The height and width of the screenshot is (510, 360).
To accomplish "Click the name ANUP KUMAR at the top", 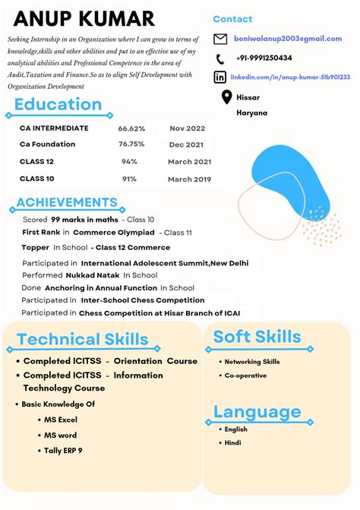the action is point(84,18).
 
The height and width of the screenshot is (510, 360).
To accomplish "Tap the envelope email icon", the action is point(220,39).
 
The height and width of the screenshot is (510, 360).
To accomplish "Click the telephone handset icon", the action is point(220,59).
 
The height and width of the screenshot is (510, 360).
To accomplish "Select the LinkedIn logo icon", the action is point(220,77).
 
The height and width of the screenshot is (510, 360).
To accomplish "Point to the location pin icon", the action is point(226,97).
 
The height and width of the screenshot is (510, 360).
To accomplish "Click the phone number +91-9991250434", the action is point(264,58).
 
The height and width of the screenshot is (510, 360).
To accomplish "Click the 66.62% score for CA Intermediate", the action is point(131,128).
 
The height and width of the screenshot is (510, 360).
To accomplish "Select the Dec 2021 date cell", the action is point(187,144).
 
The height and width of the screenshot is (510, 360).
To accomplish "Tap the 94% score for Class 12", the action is point(129,162).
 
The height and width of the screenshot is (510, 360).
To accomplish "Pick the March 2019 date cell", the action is point(190,179).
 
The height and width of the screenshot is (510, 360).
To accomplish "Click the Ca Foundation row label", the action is point(47,144).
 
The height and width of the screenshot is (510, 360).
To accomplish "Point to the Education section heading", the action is point(58,105).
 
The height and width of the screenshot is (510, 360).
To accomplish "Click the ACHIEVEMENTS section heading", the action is point(67,202).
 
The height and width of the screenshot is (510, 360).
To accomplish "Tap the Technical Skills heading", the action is point(83,339).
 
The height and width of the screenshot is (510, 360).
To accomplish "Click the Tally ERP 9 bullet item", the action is point(63,451).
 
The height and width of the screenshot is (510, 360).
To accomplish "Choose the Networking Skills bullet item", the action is point(252,362).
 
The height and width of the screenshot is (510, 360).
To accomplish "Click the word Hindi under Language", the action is point(232,442).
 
